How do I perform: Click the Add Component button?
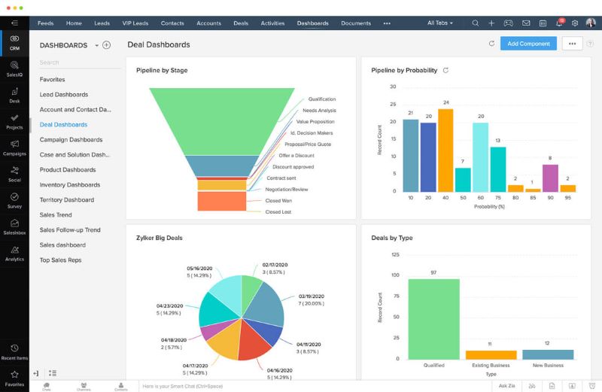(x=528, y=44)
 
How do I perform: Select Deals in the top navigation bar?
(x=241, y=23)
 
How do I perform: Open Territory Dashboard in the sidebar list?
(x=67, y=200)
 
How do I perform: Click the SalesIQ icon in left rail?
(x=14, y=69)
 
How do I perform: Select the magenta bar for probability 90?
(x=550, y=178)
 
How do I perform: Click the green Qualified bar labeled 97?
(x=433, y=319)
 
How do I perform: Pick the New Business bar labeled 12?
(x=548, y=354)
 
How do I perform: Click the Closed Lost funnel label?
(x=278, y=212)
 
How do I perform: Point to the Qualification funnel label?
(x=322, y=99)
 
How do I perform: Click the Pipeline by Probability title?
(x=404, y=71)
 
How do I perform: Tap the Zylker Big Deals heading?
(x=160, y=239)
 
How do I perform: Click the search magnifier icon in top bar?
(x=475, y=23)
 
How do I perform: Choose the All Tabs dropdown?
(x=439, y=23)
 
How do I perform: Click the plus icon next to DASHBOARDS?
(x=107, y=45)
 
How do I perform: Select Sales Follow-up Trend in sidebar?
(x=70, y=230)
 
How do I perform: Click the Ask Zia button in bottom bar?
(x=507, y=386)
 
